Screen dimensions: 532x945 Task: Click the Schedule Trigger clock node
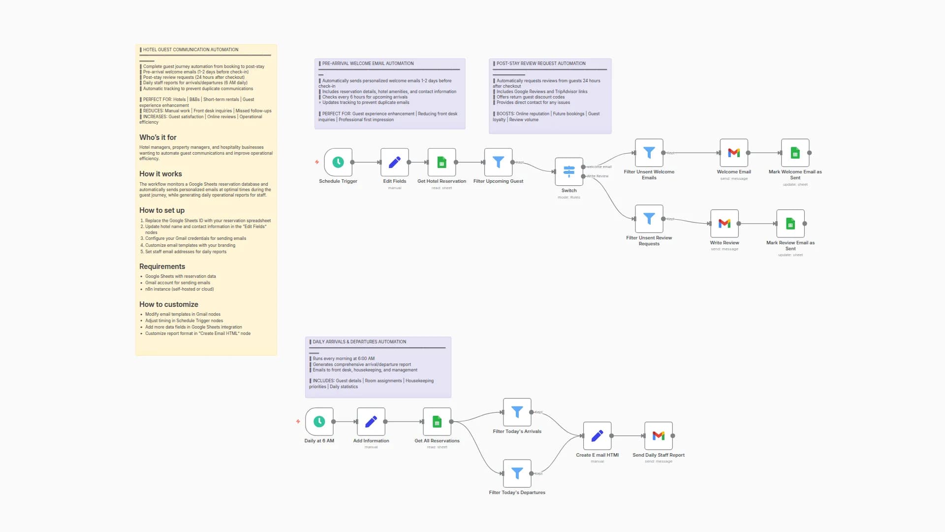coord(338,162)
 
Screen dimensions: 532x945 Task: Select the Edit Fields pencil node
coord(394,162)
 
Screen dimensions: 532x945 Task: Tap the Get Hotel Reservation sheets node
coord(441,162)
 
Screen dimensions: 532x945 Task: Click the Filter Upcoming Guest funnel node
coord(498,162)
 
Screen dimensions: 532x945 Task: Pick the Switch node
coord(569,171)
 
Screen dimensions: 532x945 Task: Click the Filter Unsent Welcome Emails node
coord(649,153)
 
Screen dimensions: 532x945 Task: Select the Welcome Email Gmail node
coord(733,153)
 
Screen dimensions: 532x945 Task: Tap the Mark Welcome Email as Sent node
coord(795,153)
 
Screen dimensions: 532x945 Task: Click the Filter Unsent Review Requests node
coord(649,219)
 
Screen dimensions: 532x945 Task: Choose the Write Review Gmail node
coord(724,224)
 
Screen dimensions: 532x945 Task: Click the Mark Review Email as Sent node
coord(790,224)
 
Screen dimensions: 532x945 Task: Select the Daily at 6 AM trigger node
coord(319,422)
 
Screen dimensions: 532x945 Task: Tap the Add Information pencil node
coord(371,422)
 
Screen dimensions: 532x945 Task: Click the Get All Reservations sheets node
coord(437,422)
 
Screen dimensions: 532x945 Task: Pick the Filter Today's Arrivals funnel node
coord(517,412)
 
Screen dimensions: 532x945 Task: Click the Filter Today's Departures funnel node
coord(517,473)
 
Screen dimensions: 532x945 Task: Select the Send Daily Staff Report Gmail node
coord(658,436)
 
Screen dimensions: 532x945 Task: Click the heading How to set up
coord(162,210)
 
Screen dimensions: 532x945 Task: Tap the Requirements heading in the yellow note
coord(162,266)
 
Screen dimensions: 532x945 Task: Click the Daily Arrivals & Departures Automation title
coord(359,342)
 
